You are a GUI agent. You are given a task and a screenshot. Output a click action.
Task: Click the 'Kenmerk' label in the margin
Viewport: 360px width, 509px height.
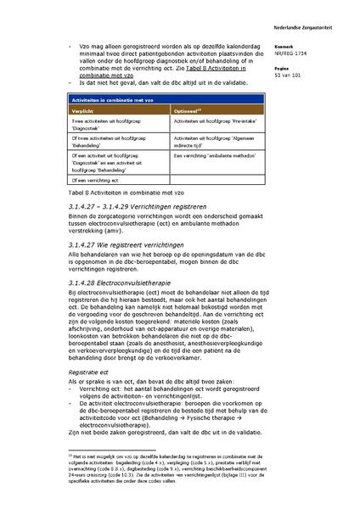click(x=284, y=48)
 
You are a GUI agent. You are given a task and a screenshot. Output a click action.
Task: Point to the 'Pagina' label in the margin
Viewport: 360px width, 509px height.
click(x=283, y=69)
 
